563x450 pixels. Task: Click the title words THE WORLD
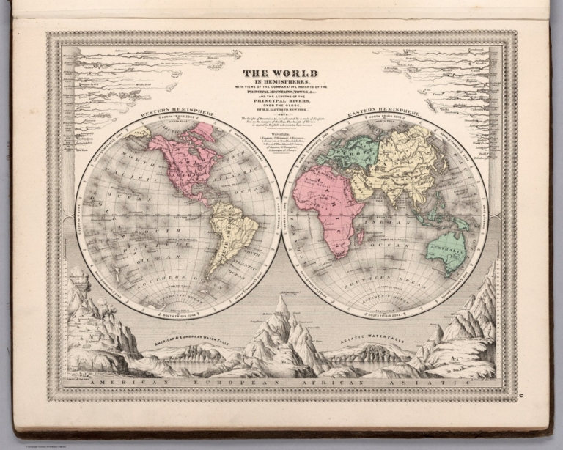tap(281, 73)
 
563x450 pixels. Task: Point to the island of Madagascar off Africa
tap(360, 237)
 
